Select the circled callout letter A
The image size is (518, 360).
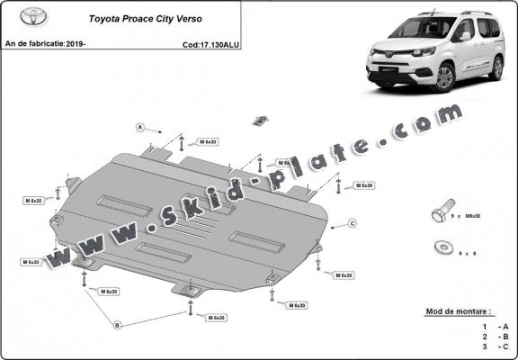(x=141, y=127)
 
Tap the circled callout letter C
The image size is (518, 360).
(x=352, y=222)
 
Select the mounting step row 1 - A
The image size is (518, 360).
(x=494, y=325)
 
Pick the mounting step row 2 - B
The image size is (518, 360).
(x=494, y=335)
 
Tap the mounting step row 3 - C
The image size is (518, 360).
(x=494, y=345)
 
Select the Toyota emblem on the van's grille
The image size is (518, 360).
(x=389, y=55)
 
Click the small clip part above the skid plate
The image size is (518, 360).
(x=261, y=120)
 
